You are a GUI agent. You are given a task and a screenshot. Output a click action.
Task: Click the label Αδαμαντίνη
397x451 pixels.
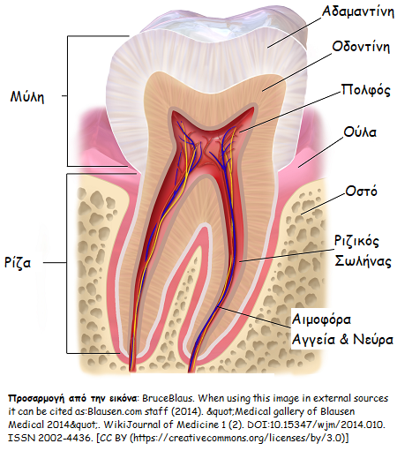click(x=357, y=11)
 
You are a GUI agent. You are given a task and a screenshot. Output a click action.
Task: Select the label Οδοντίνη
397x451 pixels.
click(x=361, y=47)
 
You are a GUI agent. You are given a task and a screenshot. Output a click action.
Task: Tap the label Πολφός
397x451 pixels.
click(x=365, y=90)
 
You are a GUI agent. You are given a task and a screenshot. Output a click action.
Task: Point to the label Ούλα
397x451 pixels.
click(x=360, y=132)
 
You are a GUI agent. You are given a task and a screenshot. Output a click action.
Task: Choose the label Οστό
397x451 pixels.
click(x=361, y=192)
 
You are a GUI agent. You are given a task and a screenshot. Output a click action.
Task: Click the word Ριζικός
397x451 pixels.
click(x=356, y=241)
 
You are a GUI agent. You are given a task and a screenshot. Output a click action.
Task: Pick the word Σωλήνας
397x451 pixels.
click(x=363, y=261)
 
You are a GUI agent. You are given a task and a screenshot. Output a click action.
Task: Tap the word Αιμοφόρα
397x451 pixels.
click(x=321, y=319)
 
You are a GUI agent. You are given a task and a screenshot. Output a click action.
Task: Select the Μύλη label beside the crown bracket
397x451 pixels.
click(x=27, y=96)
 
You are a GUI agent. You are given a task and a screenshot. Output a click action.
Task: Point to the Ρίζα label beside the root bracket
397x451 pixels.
click(x=18, y=262)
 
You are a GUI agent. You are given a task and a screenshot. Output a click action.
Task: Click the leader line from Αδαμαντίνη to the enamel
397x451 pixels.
click(x=295, y=32)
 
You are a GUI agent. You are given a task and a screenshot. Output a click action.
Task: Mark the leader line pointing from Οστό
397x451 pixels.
click(x=323, y=204)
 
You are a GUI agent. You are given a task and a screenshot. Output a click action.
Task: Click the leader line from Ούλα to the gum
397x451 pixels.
click(x=320, y=152)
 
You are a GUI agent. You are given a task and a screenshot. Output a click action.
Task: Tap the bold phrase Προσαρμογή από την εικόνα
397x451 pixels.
click(x=72, y=398)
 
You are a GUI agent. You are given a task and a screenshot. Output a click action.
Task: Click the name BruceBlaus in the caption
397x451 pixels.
click(x=169, y=398)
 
